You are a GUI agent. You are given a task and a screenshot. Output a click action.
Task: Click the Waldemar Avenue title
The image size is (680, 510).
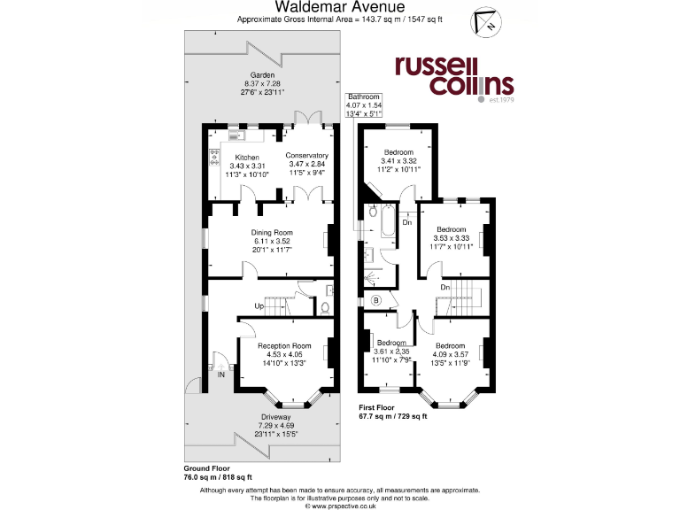tap(340, 7)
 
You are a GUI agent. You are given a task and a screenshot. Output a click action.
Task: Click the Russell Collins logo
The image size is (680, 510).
tap(453, 75)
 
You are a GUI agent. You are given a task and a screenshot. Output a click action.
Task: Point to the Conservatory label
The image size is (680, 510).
tap(306, 165)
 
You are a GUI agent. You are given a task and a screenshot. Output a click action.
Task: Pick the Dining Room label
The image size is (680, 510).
tap(272, 240)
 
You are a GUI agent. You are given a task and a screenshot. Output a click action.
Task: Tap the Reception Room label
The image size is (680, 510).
tap(285, 352)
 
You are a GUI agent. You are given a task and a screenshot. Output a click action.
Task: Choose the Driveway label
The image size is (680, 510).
tap(276, 423)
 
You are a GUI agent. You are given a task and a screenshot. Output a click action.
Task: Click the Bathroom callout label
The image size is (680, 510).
tap(363, 105)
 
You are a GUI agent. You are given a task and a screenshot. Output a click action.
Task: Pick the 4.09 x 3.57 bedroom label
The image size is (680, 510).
tap(450, 352)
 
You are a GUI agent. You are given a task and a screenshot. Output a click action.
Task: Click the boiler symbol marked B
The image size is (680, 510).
tap(376, 301)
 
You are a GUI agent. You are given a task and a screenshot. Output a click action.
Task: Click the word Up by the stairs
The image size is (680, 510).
tap(259, 306)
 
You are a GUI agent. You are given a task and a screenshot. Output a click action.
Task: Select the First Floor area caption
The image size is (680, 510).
tap(392, 412)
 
